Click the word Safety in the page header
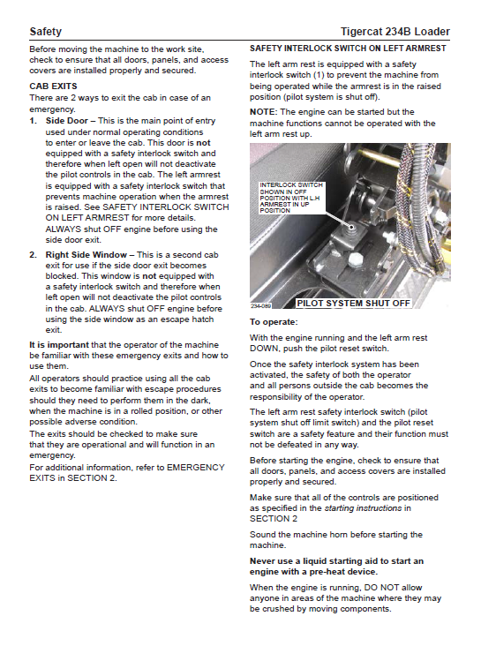point(45,32)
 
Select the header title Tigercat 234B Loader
point(395,32)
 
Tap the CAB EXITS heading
point(53,86)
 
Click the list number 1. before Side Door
point(33,121)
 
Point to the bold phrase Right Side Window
point(86,255)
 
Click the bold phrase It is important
point(59,345)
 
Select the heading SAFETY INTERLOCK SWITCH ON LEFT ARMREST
point(348,49)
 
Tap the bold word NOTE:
point(263,112)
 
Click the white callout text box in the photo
point(292,198)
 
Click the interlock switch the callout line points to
point(351,228)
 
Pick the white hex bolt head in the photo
point(354,259)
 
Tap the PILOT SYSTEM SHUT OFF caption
point(353,304)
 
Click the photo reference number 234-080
point(260,305)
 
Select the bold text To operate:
point(274,322)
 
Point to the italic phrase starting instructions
point(363,508)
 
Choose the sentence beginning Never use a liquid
point(336,567)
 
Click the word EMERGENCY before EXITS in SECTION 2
point(196,468)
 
